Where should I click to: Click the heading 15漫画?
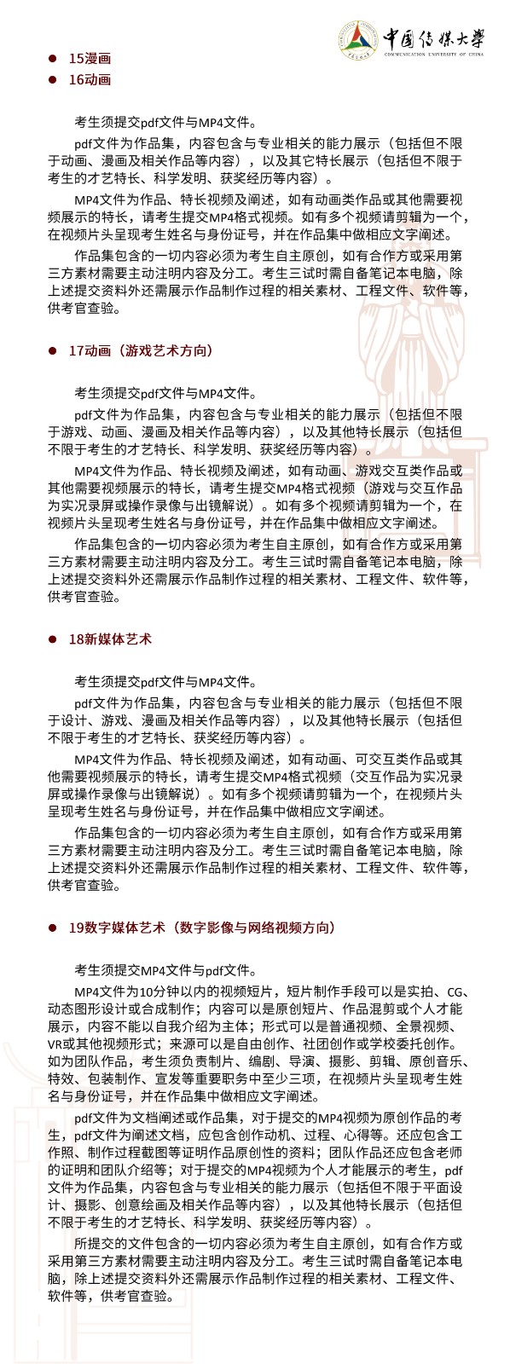click(90, 58)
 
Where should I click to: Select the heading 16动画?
click(90, 79)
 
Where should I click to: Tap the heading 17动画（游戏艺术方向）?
click(141, 350)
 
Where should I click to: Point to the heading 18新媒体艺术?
click(110, 639)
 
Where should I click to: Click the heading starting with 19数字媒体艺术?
click(202, 928)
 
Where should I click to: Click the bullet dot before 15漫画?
click(52, 58)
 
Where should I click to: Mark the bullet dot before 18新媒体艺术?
click(52, 639)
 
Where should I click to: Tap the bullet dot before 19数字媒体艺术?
click(52, 928)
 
